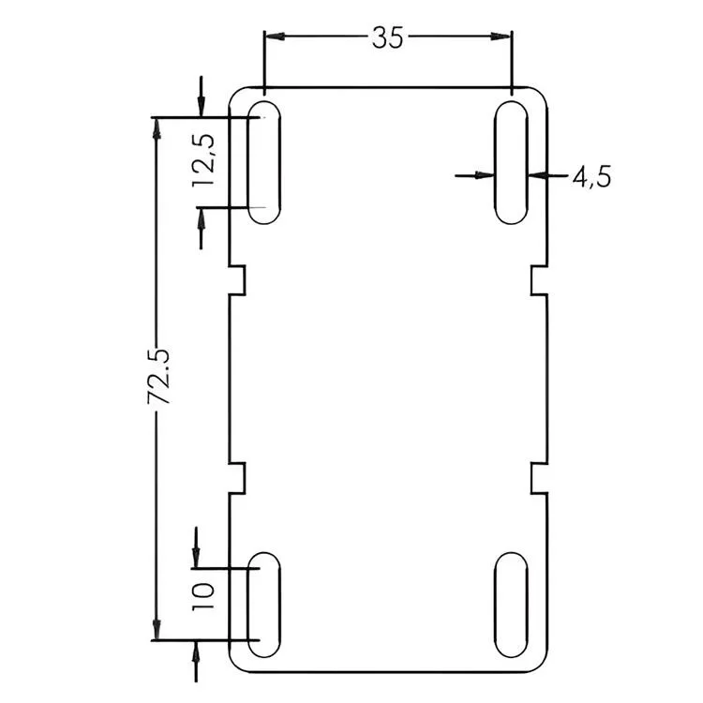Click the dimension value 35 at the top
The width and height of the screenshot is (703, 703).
(387, 37)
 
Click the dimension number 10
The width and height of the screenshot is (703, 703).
(205, 596)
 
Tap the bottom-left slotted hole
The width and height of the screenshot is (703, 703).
(264, 606)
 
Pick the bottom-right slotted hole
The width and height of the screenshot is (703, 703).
(511, 606)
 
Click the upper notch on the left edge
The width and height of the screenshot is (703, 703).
(238, 278)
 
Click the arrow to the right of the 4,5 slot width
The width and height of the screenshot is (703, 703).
(537, 173)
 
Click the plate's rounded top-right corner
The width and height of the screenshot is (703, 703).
(540, 94)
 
